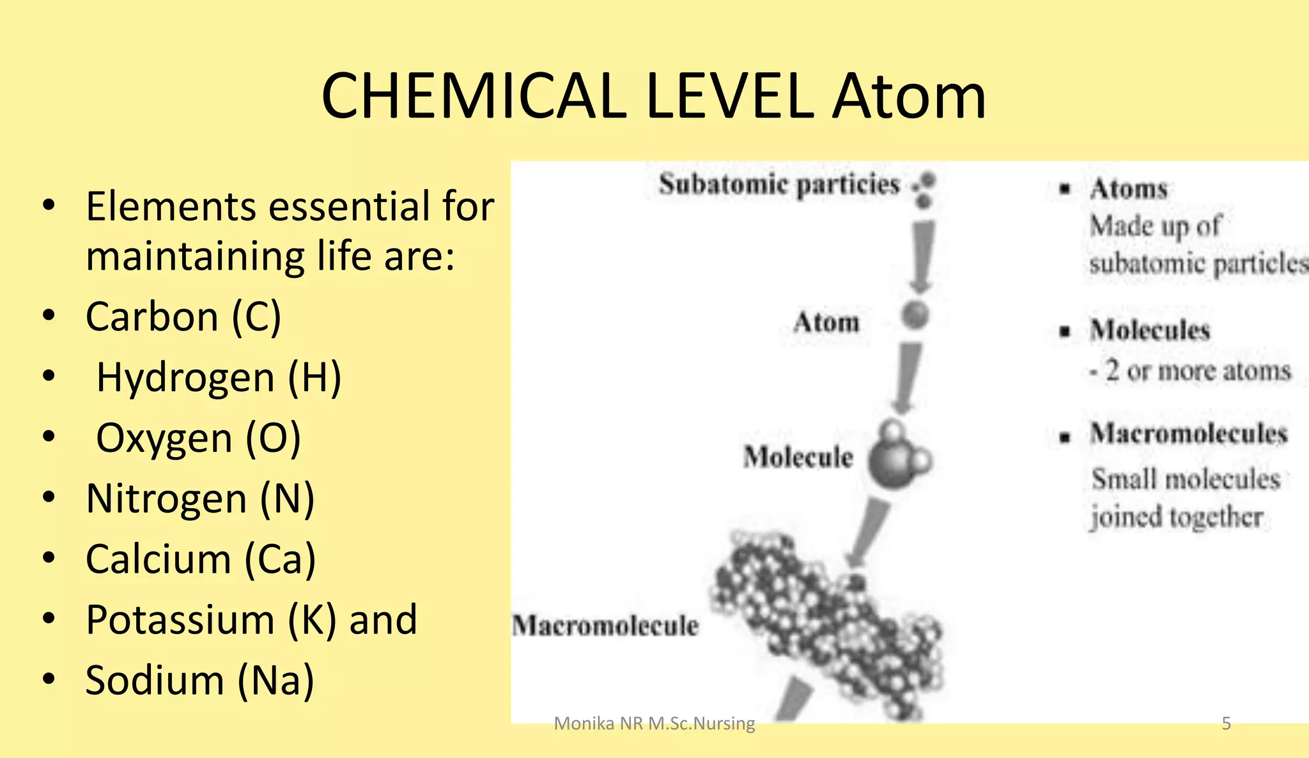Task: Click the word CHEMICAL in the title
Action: [474, 97]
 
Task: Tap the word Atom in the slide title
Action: [909, 97]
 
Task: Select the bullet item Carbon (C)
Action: [183, 316]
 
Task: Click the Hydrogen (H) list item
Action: [219, 377]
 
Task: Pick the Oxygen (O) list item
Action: [198, 438]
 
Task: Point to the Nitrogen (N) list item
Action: [200, 499]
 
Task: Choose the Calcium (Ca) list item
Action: [201, 559]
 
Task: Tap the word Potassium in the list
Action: [180, 620]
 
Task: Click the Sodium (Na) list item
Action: [199, 680]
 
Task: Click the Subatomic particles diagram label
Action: [779, 185]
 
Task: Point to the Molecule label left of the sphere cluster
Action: [798, 458]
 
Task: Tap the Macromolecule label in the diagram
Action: [605, 626]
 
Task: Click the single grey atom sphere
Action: [915, 315]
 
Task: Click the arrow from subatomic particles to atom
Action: [921, 256]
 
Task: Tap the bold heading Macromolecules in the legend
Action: [1188, 434]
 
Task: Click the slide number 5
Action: [1226, 723]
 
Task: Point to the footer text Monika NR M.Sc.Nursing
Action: [654, 723]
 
